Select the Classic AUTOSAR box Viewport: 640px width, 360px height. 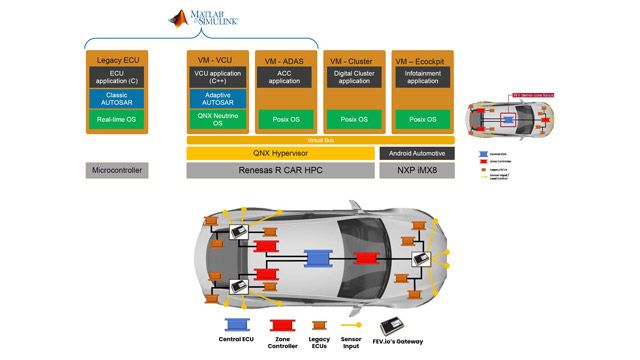point(116,98)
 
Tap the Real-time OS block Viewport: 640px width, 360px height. point(116,120)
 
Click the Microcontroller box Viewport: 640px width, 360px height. point(116,171)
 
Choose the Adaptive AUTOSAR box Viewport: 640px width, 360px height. point(218,98)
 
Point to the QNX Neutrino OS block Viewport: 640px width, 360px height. point(218,120)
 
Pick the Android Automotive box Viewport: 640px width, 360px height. point(418,153)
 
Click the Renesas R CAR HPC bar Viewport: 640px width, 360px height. point(279,171)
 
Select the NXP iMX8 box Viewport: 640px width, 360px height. point(418,171)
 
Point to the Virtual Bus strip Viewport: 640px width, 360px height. point(320,140)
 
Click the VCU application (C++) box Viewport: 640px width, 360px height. point(218,77)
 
